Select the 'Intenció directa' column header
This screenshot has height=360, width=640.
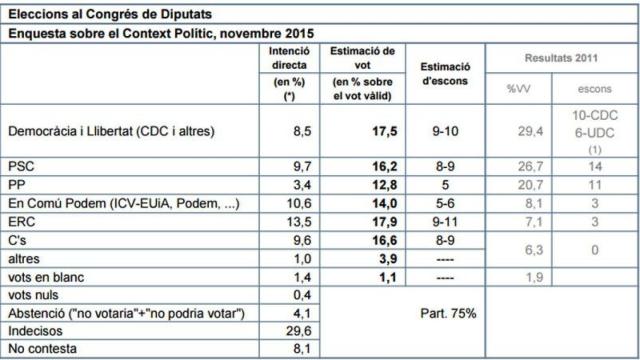(289, 58)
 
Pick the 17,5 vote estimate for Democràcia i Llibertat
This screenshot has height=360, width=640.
(373, 130)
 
